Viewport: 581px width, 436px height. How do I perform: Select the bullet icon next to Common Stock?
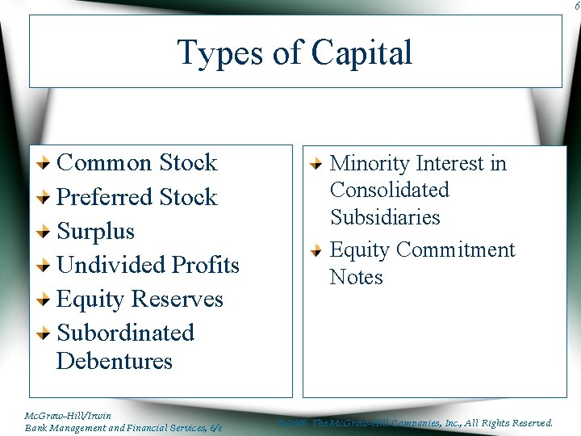coord(46,163)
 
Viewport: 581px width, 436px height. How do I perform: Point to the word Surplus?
coord(95,232)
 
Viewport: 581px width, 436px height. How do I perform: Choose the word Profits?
coord(205,265)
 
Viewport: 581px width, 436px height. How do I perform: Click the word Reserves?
coord(179,300)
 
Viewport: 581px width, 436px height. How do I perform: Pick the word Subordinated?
coord(125,333)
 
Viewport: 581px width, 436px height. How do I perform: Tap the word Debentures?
coord(115,361)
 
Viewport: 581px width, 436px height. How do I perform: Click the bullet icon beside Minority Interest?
coord(319,164)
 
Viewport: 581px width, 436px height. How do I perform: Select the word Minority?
coord(372,163)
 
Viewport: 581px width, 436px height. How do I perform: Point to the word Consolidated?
coord(389,191)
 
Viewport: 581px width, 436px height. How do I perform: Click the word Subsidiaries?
coord(384,217)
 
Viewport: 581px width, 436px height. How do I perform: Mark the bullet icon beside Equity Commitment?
coord(319,250)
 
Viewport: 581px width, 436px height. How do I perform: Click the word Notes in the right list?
coord(356,277)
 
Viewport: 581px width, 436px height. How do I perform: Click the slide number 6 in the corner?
coord(576,6)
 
